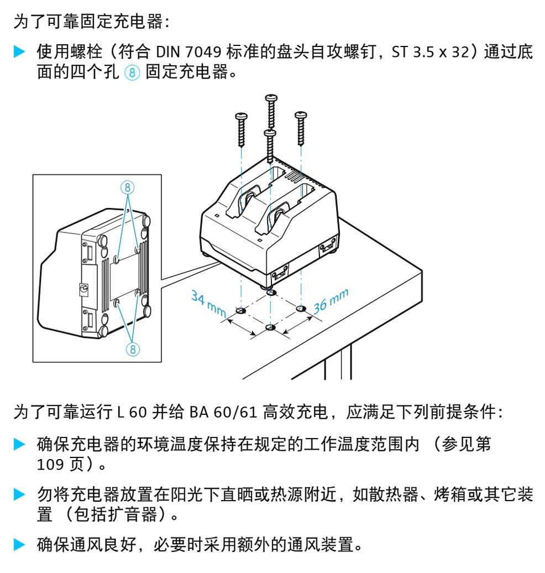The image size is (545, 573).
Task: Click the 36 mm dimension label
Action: (331, 300)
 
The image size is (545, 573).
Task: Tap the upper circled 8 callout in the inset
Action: (128, 187)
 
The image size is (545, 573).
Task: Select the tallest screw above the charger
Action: (271, 111)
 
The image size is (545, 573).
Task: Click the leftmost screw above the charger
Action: (242, 128)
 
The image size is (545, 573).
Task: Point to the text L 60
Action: (130, 412)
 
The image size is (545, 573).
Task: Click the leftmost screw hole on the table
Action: (240, 311)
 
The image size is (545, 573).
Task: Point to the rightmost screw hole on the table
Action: (301, 308)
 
